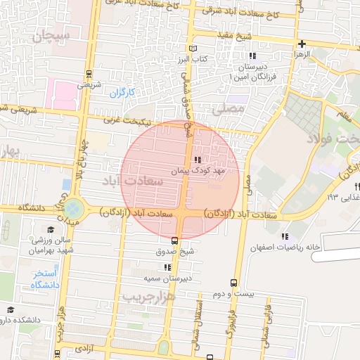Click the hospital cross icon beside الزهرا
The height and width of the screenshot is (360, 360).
[x=302, y=44]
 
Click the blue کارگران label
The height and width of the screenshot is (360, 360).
[x=122, y=92]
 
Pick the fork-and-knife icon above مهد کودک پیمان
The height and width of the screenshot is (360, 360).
[x=196, y=160]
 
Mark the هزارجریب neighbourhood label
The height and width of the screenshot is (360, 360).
[x=147, y=297]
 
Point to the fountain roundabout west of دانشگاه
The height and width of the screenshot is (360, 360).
[x=74, y=208]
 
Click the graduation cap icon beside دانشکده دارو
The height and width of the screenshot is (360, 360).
[x=10, y=309]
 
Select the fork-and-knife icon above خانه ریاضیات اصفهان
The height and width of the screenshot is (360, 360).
[x=285, y=236]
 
